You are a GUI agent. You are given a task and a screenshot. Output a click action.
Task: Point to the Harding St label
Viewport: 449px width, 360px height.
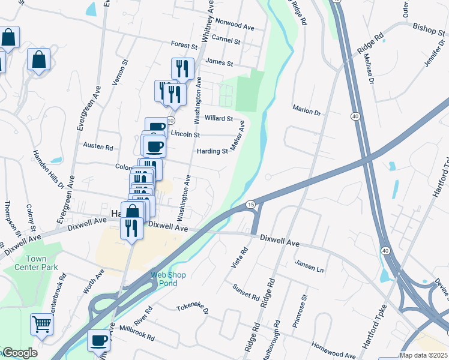click(213, 151)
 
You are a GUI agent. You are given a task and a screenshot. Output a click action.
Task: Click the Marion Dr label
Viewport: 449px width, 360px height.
click(307, 112)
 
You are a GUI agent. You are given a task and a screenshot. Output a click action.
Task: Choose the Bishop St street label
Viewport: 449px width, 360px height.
click(427, 27)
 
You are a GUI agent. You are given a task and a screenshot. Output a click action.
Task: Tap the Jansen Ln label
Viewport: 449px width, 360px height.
click(309, 267)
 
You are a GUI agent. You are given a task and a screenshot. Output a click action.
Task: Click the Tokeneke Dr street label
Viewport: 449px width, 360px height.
click(192, 308)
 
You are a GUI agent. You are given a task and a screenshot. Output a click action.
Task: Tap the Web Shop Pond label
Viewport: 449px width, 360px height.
click(168, 279)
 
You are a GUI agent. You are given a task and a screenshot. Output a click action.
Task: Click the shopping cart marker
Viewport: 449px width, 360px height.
click(42, 325)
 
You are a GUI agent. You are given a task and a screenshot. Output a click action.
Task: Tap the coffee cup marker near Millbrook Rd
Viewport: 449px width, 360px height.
click(100, 341)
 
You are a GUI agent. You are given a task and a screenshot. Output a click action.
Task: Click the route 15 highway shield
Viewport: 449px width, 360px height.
click(250, 205)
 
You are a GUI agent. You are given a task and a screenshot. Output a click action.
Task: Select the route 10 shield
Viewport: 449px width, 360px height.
click(171, 121)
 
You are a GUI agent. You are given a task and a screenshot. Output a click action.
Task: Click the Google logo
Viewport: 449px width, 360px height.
click(20, 353)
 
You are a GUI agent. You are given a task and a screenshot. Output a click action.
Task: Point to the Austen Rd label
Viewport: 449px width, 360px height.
click(98, 146)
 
